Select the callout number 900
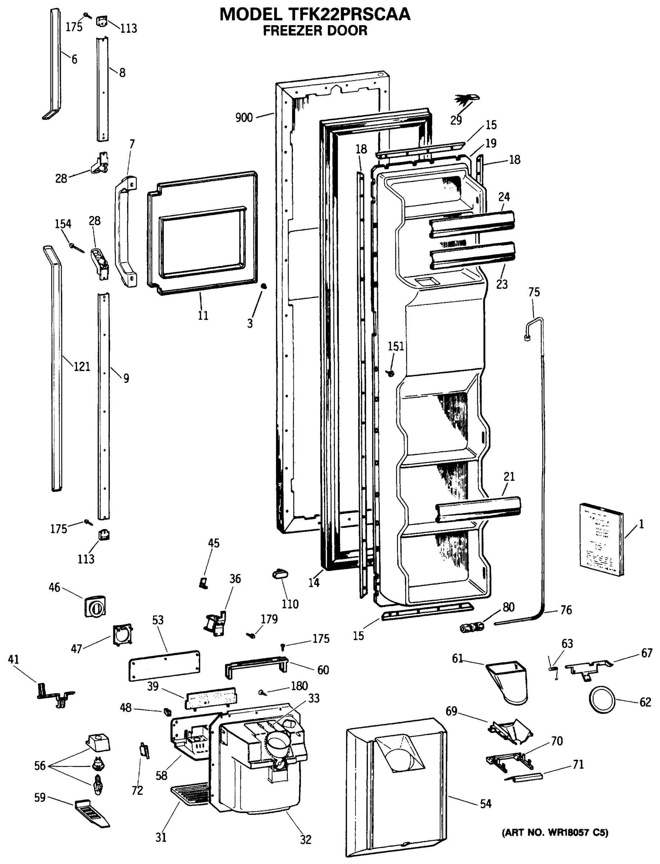coord(244,117)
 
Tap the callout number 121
coord(82,366)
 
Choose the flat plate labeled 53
coord(164,666)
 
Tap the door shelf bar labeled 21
coord(479,510)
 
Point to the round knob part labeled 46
coord(95,607)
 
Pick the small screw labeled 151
coord(390,373)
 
